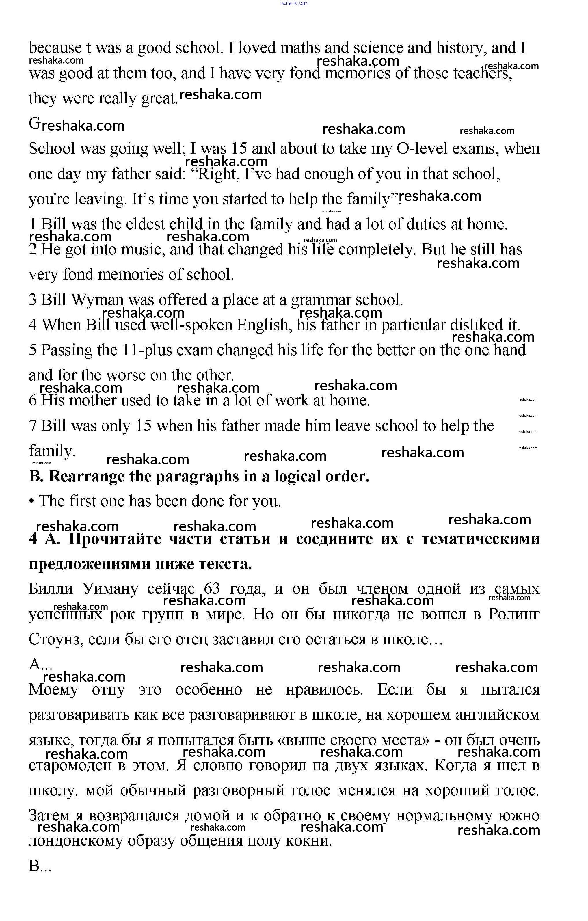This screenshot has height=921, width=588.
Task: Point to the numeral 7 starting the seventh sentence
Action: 33,426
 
